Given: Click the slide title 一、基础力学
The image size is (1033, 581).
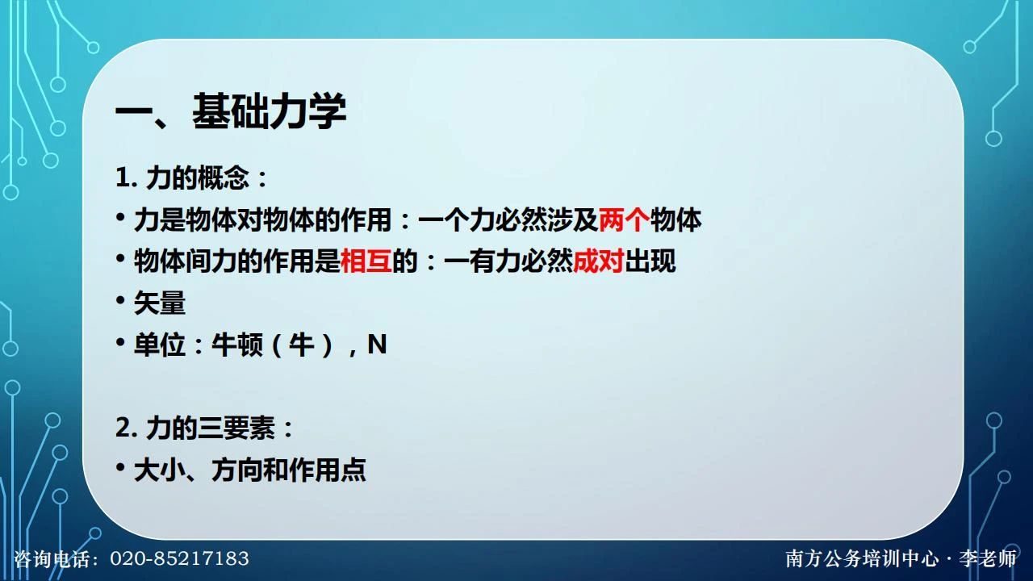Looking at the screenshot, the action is [231, 111].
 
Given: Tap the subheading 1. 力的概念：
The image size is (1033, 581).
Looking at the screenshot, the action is [191, 178].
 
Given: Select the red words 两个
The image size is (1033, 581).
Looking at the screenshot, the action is [624, 219].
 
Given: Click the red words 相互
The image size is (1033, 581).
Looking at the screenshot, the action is [366, 261].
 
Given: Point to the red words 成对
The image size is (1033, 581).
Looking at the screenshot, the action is [598, 261].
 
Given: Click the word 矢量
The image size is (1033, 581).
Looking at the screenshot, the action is [160, 303].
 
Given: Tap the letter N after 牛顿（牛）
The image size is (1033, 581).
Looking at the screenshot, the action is [377, 345].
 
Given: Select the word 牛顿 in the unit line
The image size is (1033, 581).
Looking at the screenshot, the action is [237, 345].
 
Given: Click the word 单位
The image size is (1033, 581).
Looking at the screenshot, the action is [160, 345].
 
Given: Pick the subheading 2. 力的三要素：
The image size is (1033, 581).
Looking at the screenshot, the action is [204, 428].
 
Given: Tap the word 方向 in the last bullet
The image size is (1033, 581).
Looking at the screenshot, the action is [237, 470].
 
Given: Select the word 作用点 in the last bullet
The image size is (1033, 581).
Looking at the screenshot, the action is [328, 470].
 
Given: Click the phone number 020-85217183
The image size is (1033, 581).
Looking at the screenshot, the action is [179, 558].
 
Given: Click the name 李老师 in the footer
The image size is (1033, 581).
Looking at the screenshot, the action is [988, 559].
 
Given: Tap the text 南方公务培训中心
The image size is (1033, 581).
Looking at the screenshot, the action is [862, 559].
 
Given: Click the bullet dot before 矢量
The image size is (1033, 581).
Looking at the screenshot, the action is [120, 300].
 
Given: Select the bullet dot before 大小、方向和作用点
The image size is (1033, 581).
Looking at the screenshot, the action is [120, 467].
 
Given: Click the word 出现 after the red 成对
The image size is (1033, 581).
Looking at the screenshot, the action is [650, 261].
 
